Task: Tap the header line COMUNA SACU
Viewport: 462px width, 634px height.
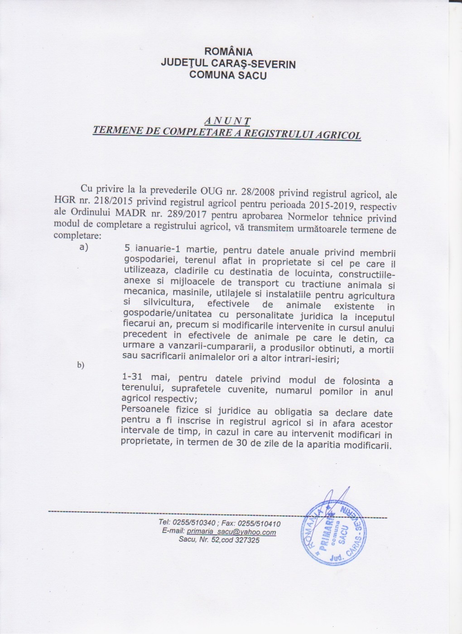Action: (x=228, y=75)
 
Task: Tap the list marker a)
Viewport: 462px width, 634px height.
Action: (x=83, y=247)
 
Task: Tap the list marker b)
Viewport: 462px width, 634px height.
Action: (x=81, y=365)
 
